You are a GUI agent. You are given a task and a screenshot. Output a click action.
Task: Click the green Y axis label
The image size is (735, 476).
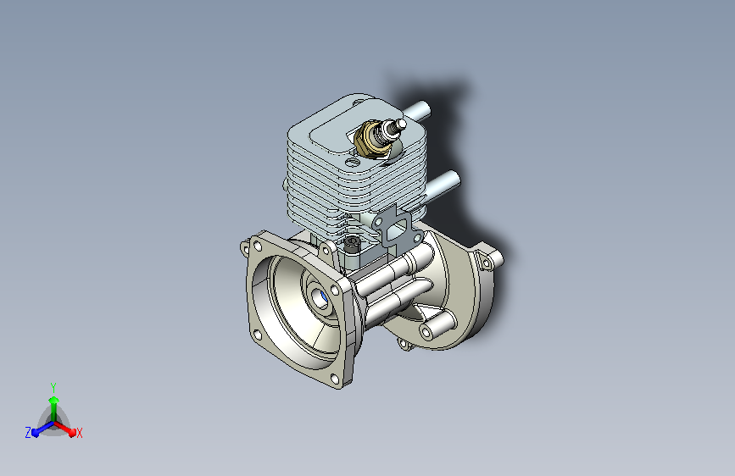(x=53, y=388)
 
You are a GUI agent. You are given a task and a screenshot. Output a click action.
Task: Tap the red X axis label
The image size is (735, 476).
(x=79, y=434)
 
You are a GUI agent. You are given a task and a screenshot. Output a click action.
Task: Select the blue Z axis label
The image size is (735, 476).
(x=28, y=433)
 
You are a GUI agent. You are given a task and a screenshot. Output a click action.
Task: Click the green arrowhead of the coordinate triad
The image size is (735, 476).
(x=54, y=401)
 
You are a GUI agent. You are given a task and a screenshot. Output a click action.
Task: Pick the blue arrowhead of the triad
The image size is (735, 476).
(x=36, y=433)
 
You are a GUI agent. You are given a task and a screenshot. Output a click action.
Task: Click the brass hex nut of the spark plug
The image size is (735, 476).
(x=370, y=140)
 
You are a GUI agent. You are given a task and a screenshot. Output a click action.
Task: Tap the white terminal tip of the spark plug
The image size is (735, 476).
(x=402, y=124)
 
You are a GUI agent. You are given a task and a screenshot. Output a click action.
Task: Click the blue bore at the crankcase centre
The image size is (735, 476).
(x=322, y=298)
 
